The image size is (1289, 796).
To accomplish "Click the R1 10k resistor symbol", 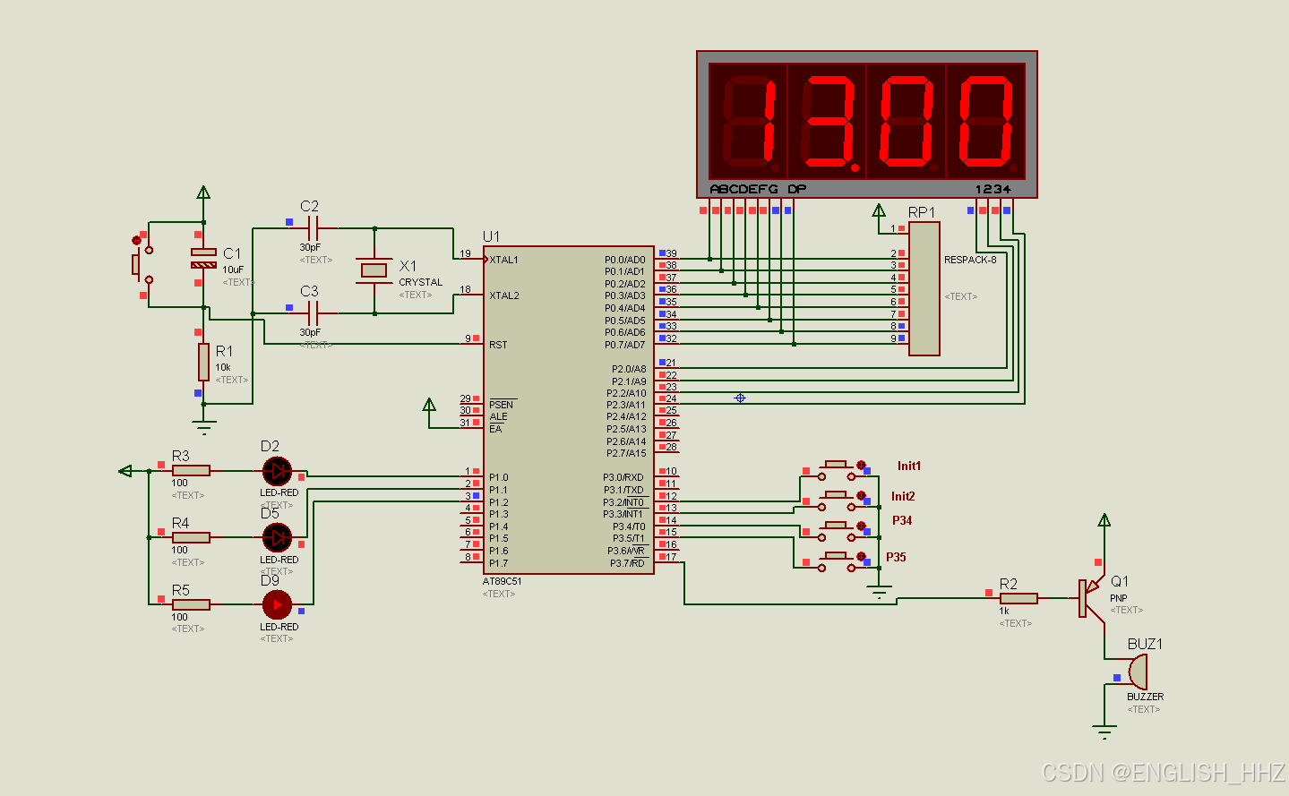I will point(203,362).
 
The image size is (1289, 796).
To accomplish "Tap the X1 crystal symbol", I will point(374,270).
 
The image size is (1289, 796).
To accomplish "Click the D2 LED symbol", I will point(277,470).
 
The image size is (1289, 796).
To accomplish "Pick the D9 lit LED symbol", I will point(277,604).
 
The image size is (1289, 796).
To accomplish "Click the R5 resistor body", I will point(191,604).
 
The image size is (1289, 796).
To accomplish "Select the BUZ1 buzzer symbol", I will point(1137,672).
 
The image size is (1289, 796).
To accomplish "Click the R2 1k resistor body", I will point(1018,598).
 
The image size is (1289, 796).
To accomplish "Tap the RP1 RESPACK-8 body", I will point(924,288).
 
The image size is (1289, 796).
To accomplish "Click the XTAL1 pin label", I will point(503,260).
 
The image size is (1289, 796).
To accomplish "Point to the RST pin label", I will point(498,345).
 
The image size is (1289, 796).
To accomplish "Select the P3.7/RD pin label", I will point(627,563).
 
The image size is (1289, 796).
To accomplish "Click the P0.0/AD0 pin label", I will point(624,260).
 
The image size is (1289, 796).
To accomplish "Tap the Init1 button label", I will point(908,466).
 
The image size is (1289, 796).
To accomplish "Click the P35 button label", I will point(896,557).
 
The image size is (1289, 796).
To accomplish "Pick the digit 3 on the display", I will point(829,122).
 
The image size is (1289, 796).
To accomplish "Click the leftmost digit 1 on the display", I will point(749,122).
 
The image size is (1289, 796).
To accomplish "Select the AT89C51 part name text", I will point(502,581).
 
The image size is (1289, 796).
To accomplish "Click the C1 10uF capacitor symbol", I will point(203,258).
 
